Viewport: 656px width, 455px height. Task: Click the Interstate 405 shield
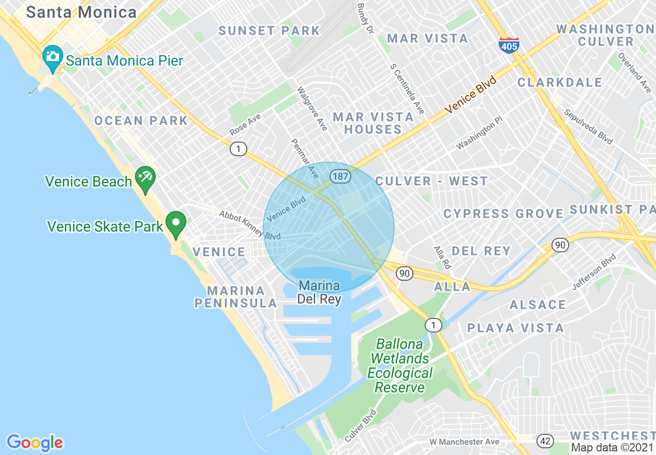click(x=510, y=45)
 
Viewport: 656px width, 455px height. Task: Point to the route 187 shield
click(x=341, y=176)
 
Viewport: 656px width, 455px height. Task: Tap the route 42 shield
click(x=545, y=441)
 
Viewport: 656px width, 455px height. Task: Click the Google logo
click(x=35, y=442)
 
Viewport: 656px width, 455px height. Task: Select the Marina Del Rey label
click(x=319, y=292)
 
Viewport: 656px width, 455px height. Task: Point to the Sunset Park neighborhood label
click(x=269, y=31)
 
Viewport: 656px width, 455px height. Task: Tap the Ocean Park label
click(x=141, y=120)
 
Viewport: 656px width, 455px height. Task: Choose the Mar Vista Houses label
click(x=372, y=123)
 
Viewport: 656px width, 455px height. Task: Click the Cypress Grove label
click(x=503, y=214)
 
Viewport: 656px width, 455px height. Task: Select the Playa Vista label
click(x=515, y=328)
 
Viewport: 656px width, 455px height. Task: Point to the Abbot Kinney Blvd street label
click(x=249, y=225)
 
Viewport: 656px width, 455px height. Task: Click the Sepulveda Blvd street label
click(x=588, y=127)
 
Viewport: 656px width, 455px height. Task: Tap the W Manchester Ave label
click(x=464, y=442)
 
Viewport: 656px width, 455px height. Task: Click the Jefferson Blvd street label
click(x=594, y=271)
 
